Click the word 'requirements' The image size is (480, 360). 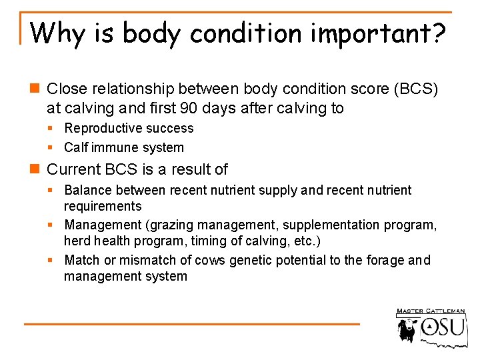pyautogui.click(x=103, y=206)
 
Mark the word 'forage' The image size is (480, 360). pyautogui.click(x=387, y=260)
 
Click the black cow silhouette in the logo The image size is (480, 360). pyautogui.click(x=407, y=330)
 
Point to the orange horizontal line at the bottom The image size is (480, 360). pyautogui.click(x=191, y=324)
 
